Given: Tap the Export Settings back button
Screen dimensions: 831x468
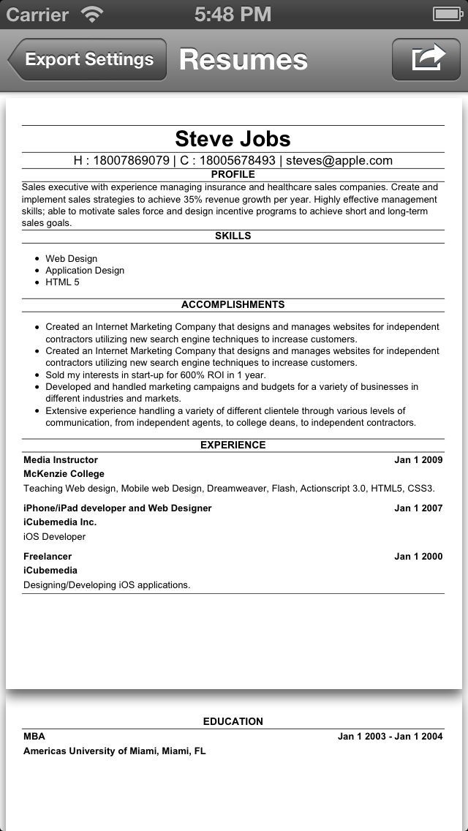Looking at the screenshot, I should (88, 60).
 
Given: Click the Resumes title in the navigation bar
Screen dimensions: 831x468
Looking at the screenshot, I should (243, 60).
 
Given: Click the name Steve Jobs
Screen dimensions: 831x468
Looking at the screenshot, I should (233, 139).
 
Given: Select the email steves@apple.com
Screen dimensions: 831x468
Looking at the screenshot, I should (339, 161).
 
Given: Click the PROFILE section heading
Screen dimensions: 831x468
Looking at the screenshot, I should (233, 175).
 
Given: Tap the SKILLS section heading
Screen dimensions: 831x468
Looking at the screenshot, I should (233, 236).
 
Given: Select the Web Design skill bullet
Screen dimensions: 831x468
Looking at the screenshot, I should (71, 259).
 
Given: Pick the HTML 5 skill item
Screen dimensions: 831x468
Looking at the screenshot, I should (62, 282).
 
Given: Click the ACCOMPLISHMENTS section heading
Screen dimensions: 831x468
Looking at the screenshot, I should (233, 305).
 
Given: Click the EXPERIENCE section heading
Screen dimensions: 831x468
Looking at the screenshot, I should (233, 445).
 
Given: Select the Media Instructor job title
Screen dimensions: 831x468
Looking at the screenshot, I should (61, 460).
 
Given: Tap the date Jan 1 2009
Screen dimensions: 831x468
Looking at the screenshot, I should (418, 460).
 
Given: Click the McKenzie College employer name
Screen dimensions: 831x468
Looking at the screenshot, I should (64, 474).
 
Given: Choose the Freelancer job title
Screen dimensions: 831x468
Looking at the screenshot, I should (48, 557).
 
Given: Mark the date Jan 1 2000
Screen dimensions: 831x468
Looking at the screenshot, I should (418, 557).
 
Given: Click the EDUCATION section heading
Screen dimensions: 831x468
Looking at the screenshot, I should (233, 722).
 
